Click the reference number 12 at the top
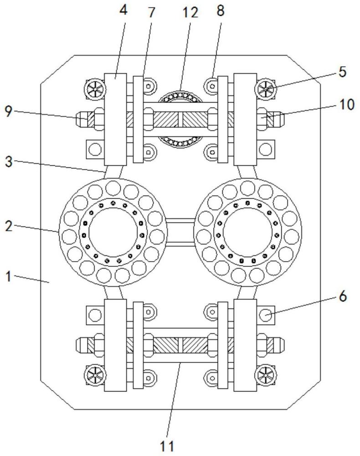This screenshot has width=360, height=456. click(190, 13)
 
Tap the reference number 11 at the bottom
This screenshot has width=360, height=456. click(167, 446)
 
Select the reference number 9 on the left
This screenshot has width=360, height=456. click(9, 111)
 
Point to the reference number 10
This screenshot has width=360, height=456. click(347, 105)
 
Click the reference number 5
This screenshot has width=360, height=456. click(343, 72)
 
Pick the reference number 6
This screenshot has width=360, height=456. click(343, 297)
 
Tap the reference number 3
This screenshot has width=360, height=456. click(9, 162)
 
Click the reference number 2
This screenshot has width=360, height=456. click(9, 226)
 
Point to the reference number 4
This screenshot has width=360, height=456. click(123, 10)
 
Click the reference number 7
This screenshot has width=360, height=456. click(151, 12)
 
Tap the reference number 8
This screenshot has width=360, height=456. click(221, 11)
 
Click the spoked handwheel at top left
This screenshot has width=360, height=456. click(94, 89)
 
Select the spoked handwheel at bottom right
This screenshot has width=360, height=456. click(266, 375)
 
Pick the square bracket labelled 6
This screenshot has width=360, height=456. click(266, 315)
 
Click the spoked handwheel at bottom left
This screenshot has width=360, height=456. click(94, 375)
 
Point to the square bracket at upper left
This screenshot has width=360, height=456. click(95, 150)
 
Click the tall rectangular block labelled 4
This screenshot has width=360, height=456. click(115, 119)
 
